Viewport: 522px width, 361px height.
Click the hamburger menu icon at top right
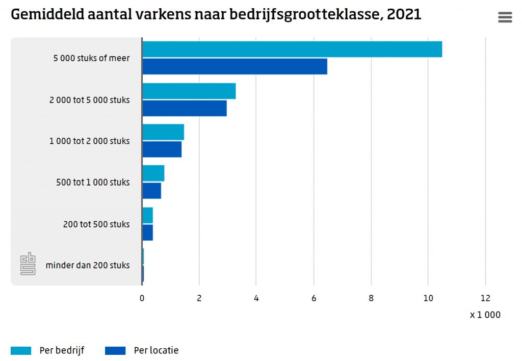tap(505, 17)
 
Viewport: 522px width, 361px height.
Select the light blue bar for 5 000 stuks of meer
tap(292, 49)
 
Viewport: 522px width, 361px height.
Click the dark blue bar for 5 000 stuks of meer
tap(234, 66)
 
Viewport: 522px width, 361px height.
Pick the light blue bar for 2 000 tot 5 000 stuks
tap(189, 91)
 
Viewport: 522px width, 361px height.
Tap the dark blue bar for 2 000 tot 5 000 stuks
tap(184, 108)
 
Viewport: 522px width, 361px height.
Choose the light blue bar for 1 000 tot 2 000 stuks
tap(163, 133)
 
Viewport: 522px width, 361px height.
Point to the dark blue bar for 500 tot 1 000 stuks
tap(151, 191)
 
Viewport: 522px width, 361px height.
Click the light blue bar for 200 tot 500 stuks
tap(147, 216)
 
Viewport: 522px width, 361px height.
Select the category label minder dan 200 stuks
tap(87, 265)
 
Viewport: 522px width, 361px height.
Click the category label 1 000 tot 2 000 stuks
tap(89, 141)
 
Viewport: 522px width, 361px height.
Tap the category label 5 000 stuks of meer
tap(91, 58)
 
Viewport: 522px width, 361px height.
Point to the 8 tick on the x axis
tap(371, 298)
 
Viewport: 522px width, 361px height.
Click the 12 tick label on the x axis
tap(485, 298)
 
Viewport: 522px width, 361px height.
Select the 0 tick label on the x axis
tap(142, 298)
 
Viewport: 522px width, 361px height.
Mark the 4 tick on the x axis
tap(256, 298)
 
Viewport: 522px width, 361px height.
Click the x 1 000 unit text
tap(485, 315)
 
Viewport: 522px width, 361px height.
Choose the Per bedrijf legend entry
tap(47, 350)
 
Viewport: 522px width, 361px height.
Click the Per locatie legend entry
tap(142, 350)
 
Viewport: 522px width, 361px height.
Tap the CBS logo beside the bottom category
tap(28, 264)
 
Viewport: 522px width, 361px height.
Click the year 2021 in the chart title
tap(404, 14)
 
